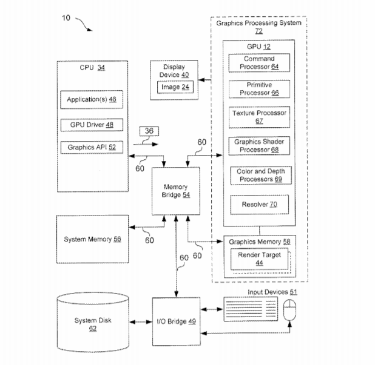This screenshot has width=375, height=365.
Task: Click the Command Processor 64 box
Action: (x=259, y=62)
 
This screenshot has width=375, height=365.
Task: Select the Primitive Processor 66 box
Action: (x=259, y=89)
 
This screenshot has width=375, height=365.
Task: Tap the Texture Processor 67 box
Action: (x=259, y=117)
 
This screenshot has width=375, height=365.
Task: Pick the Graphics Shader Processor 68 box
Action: (x=259, y=146)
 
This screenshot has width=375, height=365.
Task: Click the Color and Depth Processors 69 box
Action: (x=259, y=176)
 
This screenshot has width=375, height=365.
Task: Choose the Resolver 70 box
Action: (x=259, y=205)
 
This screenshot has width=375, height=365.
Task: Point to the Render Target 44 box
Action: (x=259, y=259)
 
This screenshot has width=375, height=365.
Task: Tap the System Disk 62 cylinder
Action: (x=93, y=324)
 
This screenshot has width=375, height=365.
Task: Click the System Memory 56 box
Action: (x=92, y=239)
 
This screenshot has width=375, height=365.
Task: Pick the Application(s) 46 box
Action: (x=92, y=99)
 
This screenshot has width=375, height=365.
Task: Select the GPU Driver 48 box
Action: (x=92, y=125)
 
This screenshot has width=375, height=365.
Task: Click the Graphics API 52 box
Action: (x=92, y=146)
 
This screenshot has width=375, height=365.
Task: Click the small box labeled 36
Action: (x=149, y=130)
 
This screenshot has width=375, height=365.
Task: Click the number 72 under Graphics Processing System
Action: (x=258, y=31)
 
